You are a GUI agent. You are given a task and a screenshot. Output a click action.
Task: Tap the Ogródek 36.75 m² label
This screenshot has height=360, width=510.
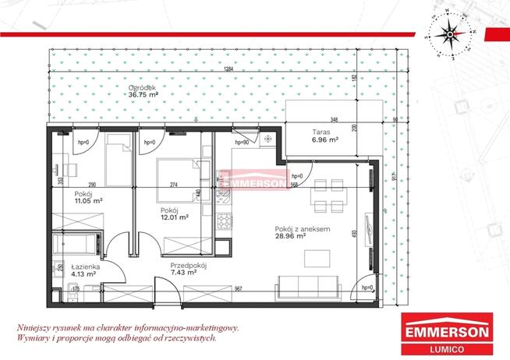click(x=143, y=91)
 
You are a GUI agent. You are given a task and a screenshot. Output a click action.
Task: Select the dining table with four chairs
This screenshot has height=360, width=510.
click(x=327, y=194)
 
